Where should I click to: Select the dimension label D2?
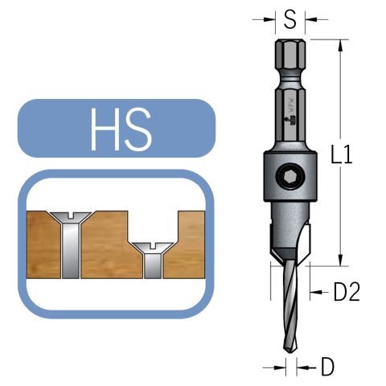tap(345, 293)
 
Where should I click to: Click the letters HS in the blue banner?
tap(121, 130)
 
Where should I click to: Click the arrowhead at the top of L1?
tap(342, 43)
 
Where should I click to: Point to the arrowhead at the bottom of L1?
tap(342, 261)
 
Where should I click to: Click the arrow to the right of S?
tap(311, 17)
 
